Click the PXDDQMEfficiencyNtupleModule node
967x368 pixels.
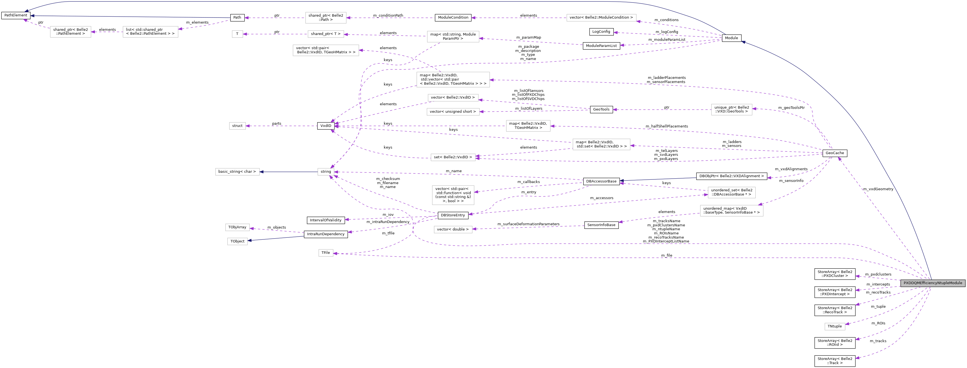tap(933, 283)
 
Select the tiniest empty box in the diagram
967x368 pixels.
tap(237, 34)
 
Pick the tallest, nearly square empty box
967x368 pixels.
tap(453, 195)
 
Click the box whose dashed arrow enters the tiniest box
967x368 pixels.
tap(325, 34)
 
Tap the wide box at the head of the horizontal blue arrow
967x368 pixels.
tap(237, 172)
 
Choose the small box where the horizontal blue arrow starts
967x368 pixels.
tap(325, 172)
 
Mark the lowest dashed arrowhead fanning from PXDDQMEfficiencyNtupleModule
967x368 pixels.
tap(856, 358)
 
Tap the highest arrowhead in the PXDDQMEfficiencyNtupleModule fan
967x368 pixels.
tap(856, 276)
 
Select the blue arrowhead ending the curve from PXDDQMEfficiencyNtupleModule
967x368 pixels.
tap(742, 42)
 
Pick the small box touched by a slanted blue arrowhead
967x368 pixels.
tap(237, 241)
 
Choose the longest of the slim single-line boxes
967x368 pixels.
tap(601, 18)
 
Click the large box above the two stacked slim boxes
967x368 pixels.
tap(453, 80)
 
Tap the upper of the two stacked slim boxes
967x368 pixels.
tap(453, 98)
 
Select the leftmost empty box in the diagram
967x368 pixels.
tap(70, 32)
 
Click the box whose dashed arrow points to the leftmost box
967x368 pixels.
tap(150, 32)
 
